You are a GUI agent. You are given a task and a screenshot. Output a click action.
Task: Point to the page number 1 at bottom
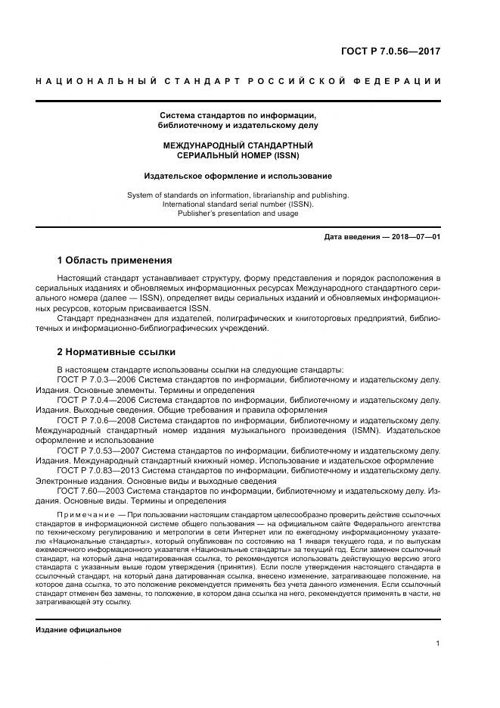point(438,644)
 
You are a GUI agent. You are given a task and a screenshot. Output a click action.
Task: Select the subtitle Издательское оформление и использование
point(238,176)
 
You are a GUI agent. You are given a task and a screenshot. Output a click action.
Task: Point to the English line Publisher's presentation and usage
point(238,214)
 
